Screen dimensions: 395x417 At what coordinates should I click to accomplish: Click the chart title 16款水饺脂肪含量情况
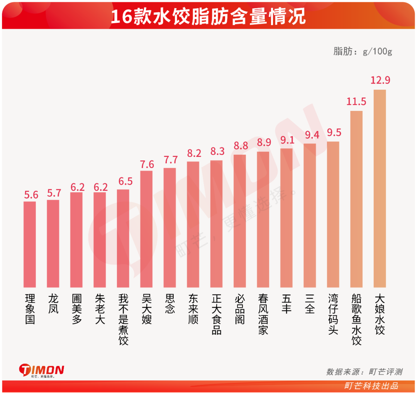(208, 17)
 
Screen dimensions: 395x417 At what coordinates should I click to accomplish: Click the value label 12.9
(380, 80)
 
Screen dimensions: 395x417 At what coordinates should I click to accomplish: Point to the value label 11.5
(356, 102)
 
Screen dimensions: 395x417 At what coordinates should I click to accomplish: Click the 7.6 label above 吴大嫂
(147, 164)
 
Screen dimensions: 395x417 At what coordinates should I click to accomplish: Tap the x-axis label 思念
(170, 304)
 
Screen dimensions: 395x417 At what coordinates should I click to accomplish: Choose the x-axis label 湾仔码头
(333, 314)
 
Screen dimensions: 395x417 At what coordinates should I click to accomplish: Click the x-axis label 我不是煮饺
(123, 319)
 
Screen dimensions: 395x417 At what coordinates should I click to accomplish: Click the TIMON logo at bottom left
(42, 370)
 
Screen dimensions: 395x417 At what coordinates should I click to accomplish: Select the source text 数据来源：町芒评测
(364, 372)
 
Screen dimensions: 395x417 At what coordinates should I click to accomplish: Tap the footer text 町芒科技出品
(371, 386)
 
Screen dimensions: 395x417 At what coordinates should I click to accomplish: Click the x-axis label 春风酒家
(263, 314)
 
